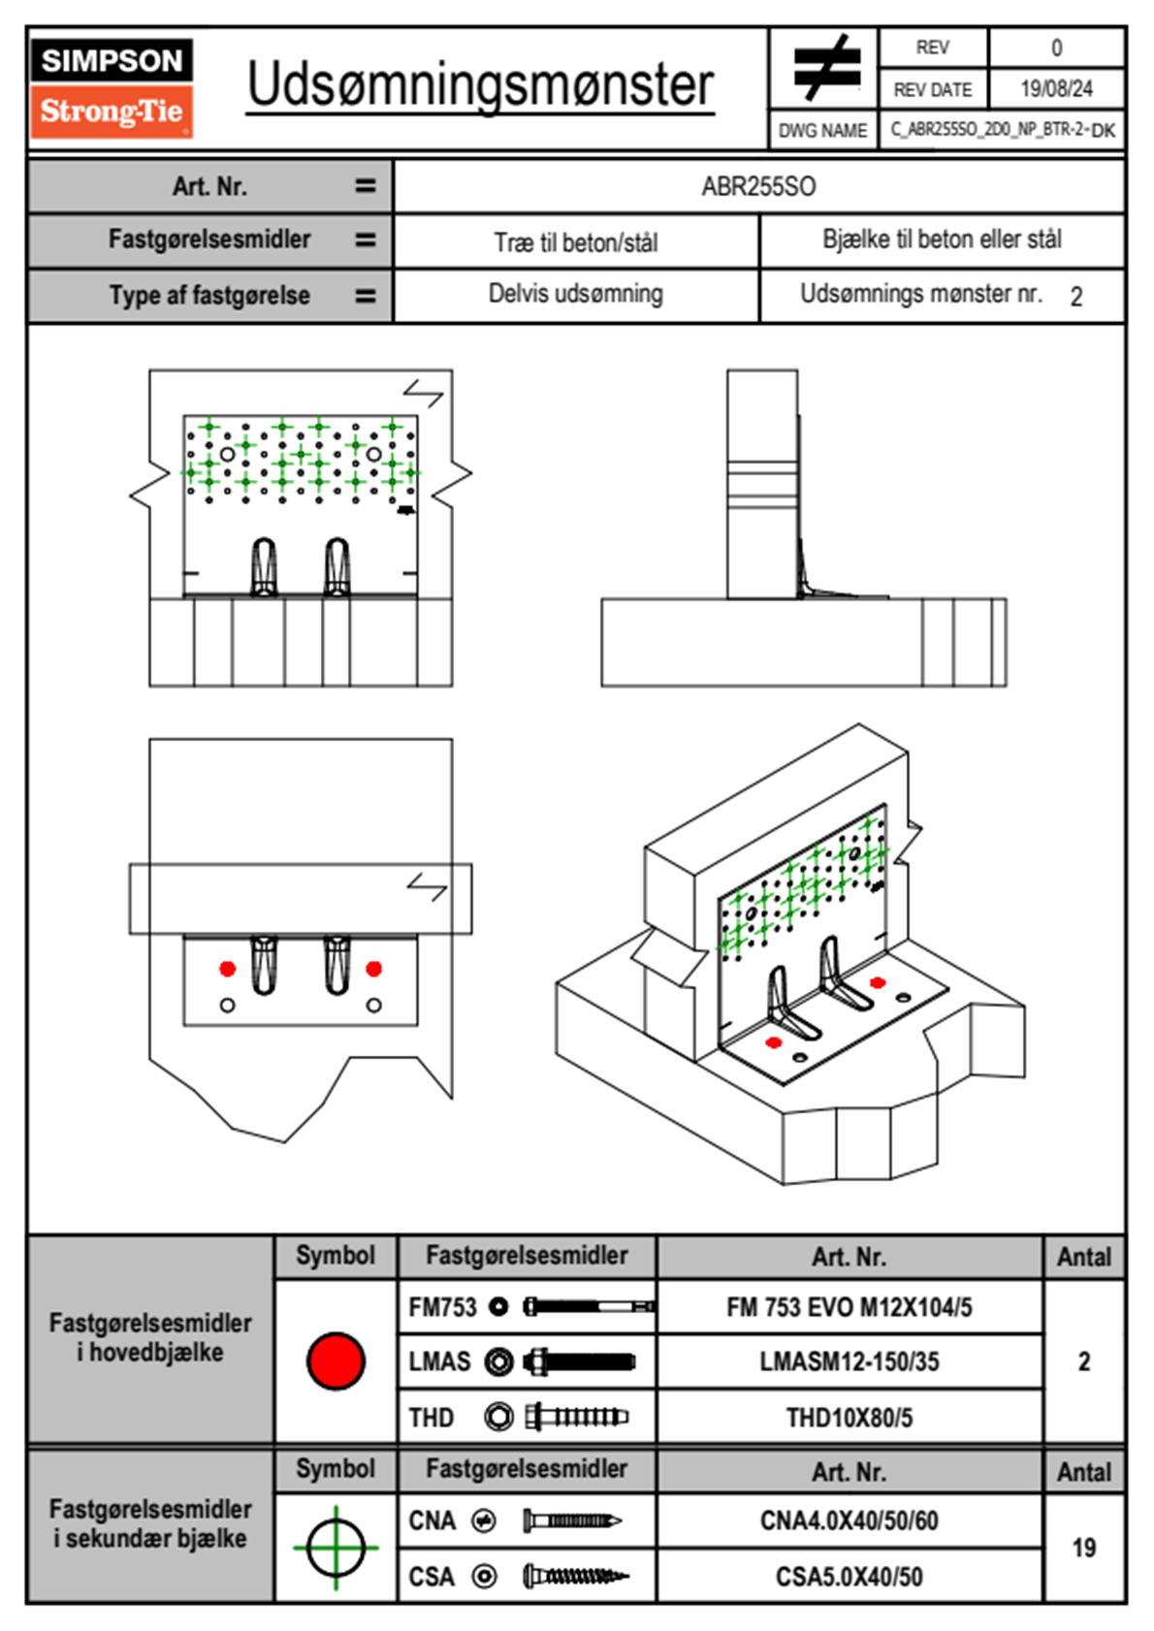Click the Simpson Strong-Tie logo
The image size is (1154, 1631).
pyautogui.click(x=111, y=87)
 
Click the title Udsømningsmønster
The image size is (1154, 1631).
pyautogui.click(x=480, y=85)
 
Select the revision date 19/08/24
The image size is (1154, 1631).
pyautogui.click(x=1056, y=89)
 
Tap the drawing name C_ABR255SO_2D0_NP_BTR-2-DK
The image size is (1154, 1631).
pyautogui.click(x=1002, y=130)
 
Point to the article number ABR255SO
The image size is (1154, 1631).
pyautogui.click(x=758, y=186)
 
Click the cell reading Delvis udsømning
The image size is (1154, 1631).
pyautogui.click(x=575, y=294)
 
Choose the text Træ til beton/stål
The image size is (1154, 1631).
pyautogui.click(x=575, y=242)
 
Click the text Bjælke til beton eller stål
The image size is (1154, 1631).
pyautogui.click(x=942, y=240)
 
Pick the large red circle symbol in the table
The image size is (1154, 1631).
pyautogui.click(x=336, y=1360)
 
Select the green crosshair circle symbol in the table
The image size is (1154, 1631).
pyautogui.click(x=336, y=1548)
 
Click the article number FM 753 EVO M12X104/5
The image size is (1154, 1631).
pyautogui.click(x=849, y=1307)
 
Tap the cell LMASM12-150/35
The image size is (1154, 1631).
pyautogui.click(x=849, y=1361)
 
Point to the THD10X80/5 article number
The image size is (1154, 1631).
pyautogui.click(x=849, y=1418)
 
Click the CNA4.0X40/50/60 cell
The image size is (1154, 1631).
pyautogui.click(x=849, y=1520)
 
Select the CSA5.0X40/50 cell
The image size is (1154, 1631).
pyautogui.click(x=849, y=1577)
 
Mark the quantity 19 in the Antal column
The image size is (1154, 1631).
pyautogui.click(x=1083, y=1548)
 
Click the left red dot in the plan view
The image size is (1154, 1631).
pyautogui.click(x=227, y=969)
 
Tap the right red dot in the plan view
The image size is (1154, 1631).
pyautogui.click(x=373, y=969)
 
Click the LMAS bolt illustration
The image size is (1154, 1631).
pyautogui.click(x=579, y=1361)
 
